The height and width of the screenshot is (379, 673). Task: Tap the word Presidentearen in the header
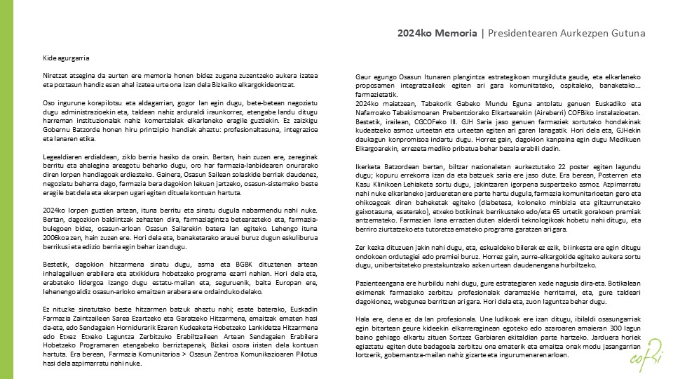point(521,33)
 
